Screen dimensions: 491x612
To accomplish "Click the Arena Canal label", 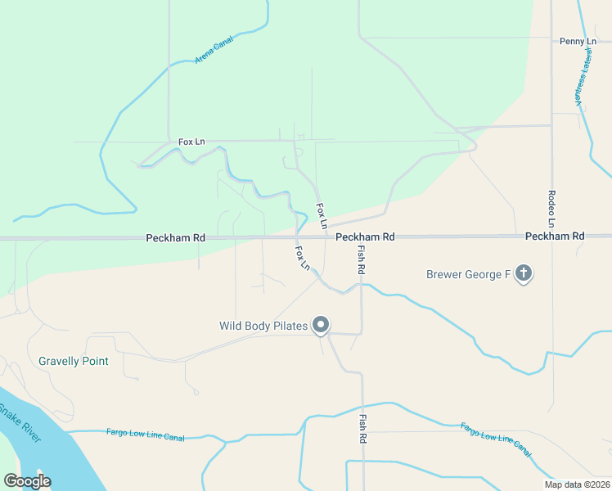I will tap(214, 49).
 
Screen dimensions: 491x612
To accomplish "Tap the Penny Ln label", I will tap(578, 41).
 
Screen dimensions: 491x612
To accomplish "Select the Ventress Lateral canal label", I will tap(583, 76).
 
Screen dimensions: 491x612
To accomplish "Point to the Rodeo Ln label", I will tap(551, 209).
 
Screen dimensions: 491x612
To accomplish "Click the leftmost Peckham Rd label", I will tap(175, 237).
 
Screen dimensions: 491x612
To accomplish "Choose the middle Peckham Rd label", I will tap(365, 236).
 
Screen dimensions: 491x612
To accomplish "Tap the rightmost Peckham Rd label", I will tap(555, 236).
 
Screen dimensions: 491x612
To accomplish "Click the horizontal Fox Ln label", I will tap(191, 142).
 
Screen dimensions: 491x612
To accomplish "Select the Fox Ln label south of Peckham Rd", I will tap(303, 258).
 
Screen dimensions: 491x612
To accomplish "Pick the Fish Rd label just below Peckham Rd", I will tap(361, 259).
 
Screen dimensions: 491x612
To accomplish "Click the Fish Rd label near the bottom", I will tap(362, 428).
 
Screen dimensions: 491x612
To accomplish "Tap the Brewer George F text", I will tap(468, 274).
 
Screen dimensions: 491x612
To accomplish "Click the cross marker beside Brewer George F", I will tap(524, 274).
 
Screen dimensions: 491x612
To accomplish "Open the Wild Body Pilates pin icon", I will tap(322, 325).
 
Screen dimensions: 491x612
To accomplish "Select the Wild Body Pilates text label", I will tap(263, 326).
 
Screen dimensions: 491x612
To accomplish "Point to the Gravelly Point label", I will tap(74, 361).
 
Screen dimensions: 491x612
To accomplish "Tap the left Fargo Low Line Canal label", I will tap(146, 435).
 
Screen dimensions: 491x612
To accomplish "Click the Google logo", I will tap(27, 481).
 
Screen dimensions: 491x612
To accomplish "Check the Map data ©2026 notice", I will tap(576, 484).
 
